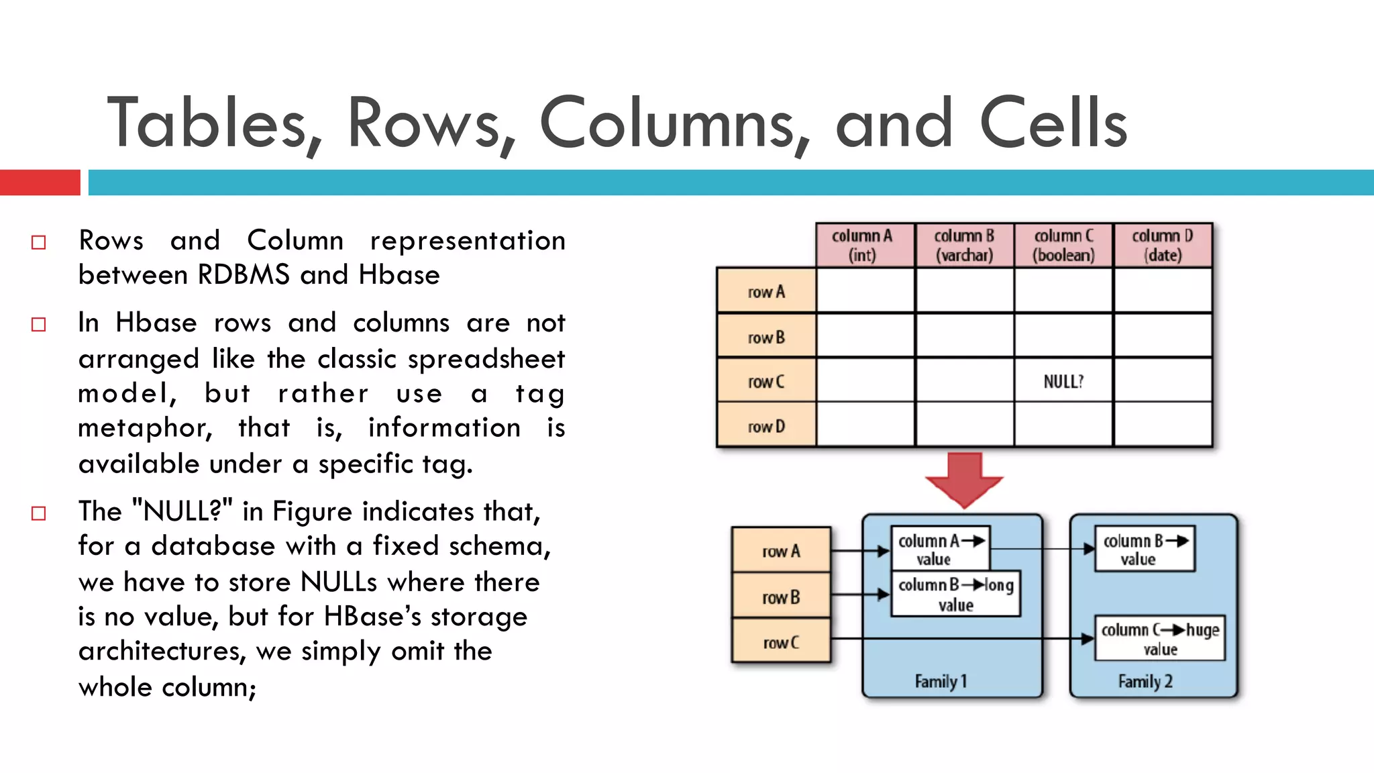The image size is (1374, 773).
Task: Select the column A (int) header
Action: click(864, 246)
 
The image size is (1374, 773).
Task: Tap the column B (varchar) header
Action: click(964, 246)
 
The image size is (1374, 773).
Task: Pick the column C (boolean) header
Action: click(1063, 246)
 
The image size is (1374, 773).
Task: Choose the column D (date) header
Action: click(1163, 246)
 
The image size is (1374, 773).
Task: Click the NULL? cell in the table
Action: click(1063, 381)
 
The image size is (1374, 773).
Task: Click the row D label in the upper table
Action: click(766, 426)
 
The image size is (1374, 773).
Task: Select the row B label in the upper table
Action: click(766, 337)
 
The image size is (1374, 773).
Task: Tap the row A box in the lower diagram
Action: click(781, 551)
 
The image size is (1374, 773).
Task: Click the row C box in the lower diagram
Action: click(781, 642)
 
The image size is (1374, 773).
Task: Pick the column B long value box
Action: click(955, 594)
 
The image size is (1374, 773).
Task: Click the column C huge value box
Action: click(1159, 638)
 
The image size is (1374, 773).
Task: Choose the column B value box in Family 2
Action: click(1145, 549)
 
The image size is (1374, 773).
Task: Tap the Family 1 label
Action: click(941, 681)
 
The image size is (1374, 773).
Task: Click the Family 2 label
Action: click(1145, 681)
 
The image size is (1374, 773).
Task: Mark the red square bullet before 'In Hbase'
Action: click(39, 325)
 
